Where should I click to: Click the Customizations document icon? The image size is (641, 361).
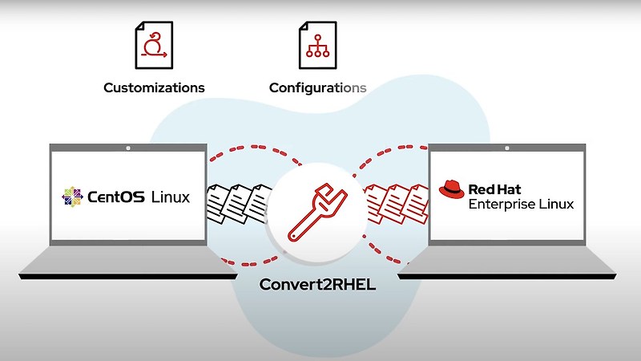tap(154, 44)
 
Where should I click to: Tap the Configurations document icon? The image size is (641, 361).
tap(317, 44)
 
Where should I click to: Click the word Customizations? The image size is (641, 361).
tap(154, 87)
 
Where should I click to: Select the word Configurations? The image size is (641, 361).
tap(317, 87)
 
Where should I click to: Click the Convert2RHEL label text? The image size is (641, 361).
tap(316, 285)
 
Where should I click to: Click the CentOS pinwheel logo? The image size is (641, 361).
tap(72, 196)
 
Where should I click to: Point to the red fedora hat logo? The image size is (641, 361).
tap(451, 190)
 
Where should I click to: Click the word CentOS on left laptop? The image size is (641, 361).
tap(115, 196)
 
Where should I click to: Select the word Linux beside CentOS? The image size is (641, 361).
tap(171, 196)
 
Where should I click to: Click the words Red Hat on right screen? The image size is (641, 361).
tap(494, 189)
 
